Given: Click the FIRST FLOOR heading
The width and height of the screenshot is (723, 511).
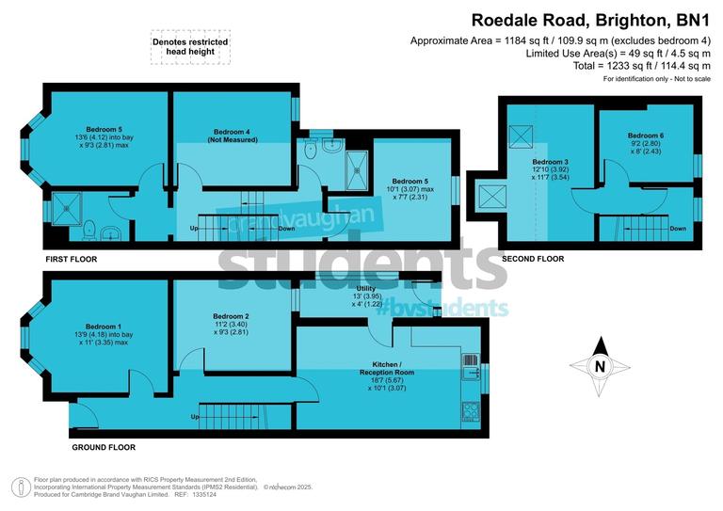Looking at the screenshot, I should click(x=71, y=258).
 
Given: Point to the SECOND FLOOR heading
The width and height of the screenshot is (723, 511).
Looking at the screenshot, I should click(x=533, y=258).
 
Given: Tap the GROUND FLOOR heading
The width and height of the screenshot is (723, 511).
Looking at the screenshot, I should click(x=103, y=448).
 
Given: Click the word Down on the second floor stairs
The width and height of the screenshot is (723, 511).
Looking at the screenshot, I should click(x=677, y=229).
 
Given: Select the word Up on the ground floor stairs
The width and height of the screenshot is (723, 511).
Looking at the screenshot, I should click(x=195, y=416).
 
